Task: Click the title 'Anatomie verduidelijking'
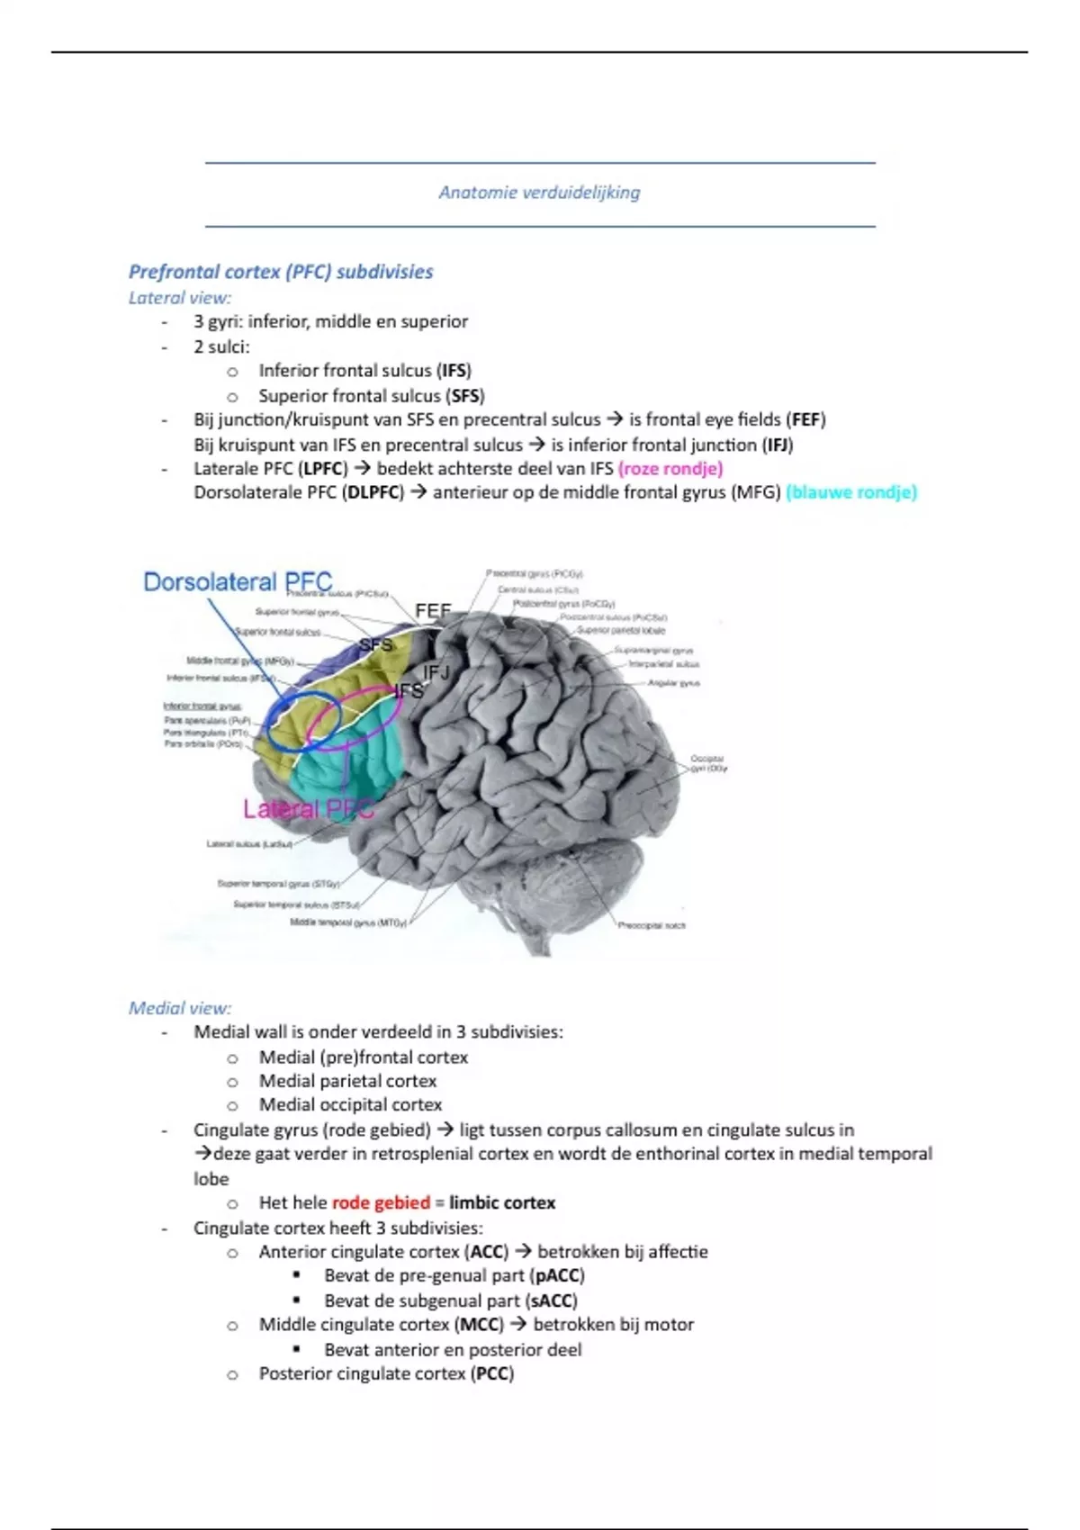click(x=539, y=193)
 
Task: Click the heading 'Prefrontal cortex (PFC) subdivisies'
click(x=281, y=272)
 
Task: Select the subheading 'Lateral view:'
click(x=180, y=298)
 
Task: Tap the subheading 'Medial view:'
click(x=180, y=1008)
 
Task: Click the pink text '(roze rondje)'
click(x=670, y=469)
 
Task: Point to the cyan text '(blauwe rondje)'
click(x=851, y=493)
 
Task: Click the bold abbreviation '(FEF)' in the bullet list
click(x=805, y=419)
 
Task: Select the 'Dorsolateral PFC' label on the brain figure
click(x=238, y=582)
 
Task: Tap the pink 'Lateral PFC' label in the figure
click(x=308, y=809)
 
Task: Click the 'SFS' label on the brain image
click(x=376, y=644)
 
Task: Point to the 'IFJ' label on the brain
click(x=436, y=672)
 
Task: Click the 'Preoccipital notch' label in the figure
click(x=652, y=925)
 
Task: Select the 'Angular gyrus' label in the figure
click(x=673, y=683)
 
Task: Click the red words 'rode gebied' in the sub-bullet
click(x=381, y=1203)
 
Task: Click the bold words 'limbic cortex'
click(x=502, y=1203)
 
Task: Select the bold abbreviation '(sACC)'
click(x=551, y=1301)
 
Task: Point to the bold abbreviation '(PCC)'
click(x=491, y=1374)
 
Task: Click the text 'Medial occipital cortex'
click(x=350, y=1105)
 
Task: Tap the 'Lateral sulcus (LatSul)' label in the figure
click(x=249, y=844)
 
